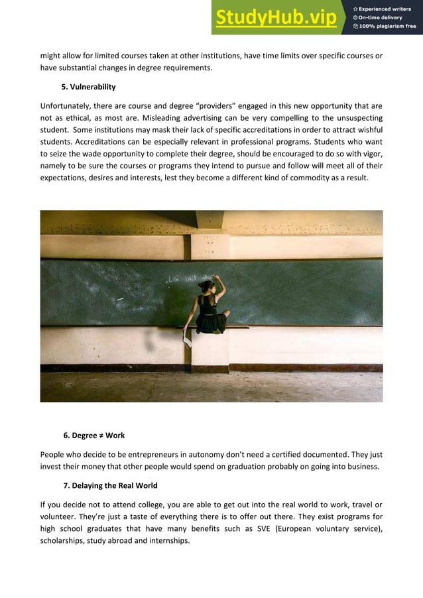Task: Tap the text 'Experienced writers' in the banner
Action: [388, 8]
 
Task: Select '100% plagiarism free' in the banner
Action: [388, 27]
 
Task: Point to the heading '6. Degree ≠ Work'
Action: [93, 436]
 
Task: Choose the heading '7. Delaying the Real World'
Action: [110, 486]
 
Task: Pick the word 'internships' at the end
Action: [168, 540]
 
